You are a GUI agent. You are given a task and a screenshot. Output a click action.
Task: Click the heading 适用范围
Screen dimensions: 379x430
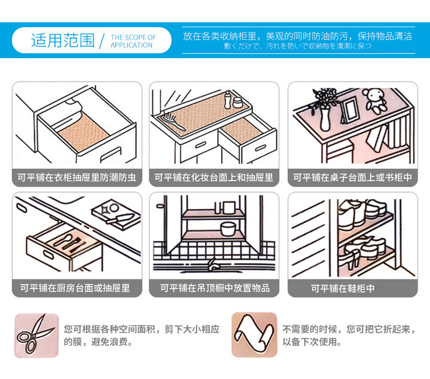63,41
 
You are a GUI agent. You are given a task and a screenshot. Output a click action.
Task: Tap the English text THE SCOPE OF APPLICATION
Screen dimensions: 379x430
133,41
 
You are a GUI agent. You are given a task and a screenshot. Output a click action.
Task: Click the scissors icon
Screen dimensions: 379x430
36,335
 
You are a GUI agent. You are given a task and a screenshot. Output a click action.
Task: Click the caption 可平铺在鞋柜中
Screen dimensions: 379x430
343,289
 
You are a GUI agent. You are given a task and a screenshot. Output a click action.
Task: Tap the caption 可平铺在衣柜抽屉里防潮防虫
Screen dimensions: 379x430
76,178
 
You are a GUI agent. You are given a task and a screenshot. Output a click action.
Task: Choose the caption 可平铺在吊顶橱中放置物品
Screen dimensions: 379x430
214,288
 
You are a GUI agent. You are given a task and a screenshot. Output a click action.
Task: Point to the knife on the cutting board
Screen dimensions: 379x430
120,219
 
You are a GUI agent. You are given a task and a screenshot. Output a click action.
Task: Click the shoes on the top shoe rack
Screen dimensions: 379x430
362,209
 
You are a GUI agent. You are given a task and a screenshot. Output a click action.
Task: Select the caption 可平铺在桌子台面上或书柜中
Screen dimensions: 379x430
352,178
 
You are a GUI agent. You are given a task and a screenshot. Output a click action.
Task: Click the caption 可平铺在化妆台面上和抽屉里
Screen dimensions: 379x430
214,178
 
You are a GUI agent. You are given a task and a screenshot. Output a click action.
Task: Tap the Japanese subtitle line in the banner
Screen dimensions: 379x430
297,46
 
